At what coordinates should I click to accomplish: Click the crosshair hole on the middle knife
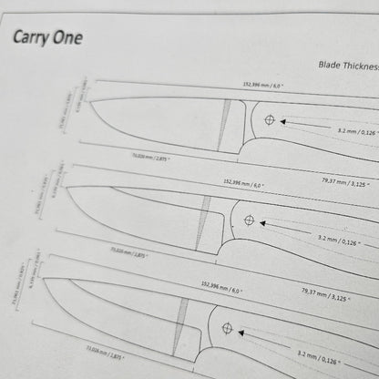[x=248, y=220]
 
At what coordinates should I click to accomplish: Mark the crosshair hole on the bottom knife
[x=227, y=328]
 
